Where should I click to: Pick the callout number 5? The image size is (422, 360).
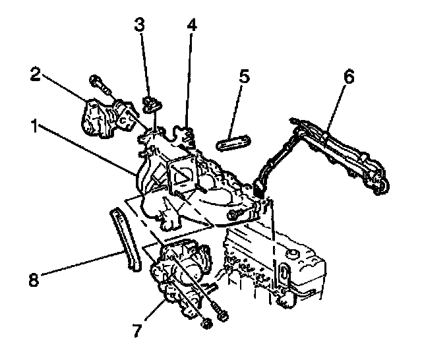pos(244,76)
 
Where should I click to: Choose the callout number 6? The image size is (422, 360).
pos(349,76)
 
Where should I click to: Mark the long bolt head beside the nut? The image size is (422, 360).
pos(222,317)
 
